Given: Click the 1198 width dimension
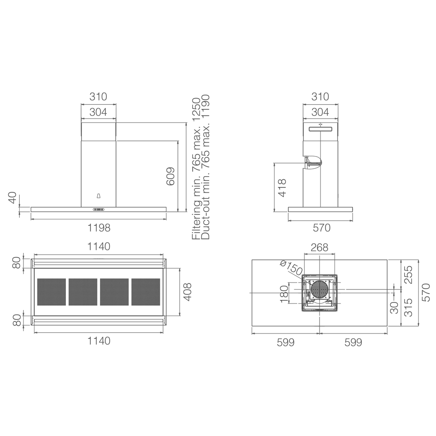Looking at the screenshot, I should [99, 228].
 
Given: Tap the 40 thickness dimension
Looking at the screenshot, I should [13, 198].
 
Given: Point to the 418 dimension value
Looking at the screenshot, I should [282, 187].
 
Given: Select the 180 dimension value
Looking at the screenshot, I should [284, 294].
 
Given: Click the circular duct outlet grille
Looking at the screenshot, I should [320, 289].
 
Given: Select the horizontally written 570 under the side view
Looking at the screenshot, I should [322, 228].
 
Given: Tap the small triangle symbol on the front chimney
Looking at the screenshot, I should [99, 196].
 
